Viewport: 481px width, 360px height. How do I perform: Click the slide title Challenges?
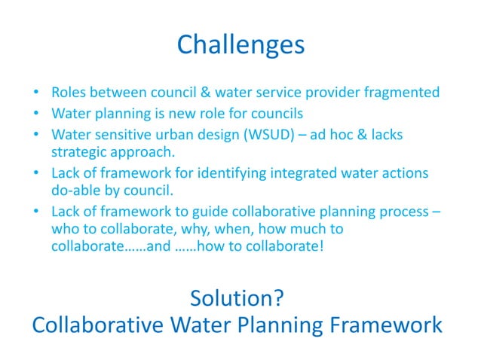point(240,45)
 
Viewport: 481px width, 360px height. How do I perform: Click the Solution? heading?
point(237,298)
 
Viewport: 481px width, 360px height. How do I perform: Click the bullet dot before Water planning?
point(37,114)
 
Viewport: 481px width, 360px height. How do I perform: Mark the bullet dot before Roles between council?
point(37,94)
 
